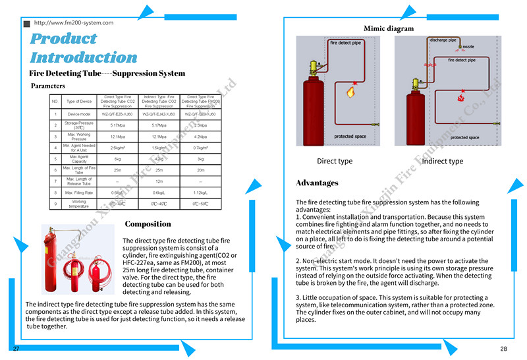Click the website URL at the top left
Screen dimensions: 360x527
[x=73, y=22]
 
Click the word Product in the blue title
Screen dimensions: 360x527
[x=63, y=39]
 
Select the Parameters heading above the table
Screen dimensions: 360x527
[x=48, y=86]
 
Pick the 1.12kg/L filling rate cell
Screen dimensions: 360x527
[x=200, y=193]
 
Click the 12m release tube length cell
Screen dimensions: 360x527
[x=158, y=181]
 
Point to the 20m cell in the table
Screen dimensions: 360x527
[x=200, y=170]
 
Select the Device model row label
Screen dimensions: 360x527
[x=79, y=114]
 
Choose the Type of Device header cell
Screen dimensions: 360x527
[x=79, y=101]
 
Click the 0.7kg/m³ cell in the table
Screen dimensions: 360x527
[x=200, y=148]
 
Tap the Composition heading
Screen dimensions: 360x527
[x=148, y=224]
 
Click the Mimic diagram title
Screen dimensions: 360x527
[x=389, y=28]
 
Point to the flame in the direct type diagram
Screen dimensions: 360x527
[x=350, y=92]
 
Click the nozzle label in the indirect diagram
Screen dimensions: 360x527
[x=468, y=47]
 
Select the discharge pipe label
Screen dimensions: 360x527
[x=443, y=40]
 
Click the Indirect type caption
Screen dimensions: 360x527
[x=442, y=162]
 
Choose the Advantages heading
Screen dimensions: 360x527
[x=317, y=183]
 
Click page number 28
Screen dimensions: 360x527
[x=503, y=349]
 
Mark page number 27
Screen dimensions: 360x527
[x=16, y=347]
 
